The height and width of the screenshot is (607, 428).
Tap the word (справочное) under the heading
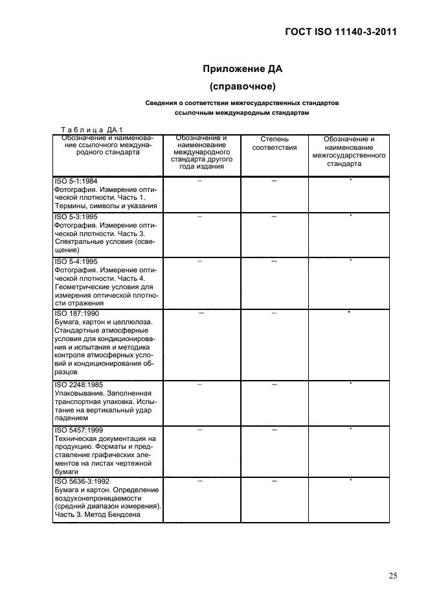click(x=242, y=86)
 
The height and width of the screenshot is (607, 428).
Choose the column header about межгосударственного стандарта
click(x=349, y=152)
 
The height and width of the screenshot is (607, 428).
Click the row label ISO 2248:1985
click(x=78, y=385)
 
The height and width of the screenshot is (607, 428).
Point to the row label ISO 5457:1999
click(x=78, y=429)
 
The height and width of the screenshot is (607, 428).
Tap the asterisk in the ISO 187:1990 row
click(x=349, y=313)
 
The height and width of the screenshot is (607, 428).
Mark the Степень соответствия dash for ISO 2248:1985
click(x=274, y=385)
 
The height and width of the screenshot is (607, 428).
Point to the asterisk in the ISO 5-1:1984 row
click(x=350, y=180)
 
